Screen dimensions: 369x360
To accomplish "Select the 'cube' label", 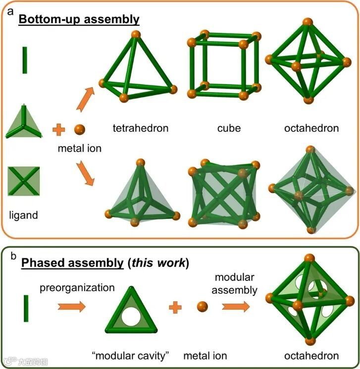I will (x=228, y=128).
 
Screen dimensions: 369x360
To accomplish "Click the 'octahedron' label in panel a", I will (x=311, y=128).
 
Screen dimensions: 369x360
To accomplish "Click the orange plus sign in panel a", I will (x=59, y=130).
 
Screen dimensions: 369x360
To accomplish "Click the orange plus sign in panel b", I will (x=174, y=308).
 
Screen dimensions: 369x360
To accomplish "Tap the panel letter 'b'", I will (x=14, y=256).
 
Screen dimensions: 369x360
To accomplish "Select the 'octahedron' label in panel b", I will (x=311, y=356).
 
